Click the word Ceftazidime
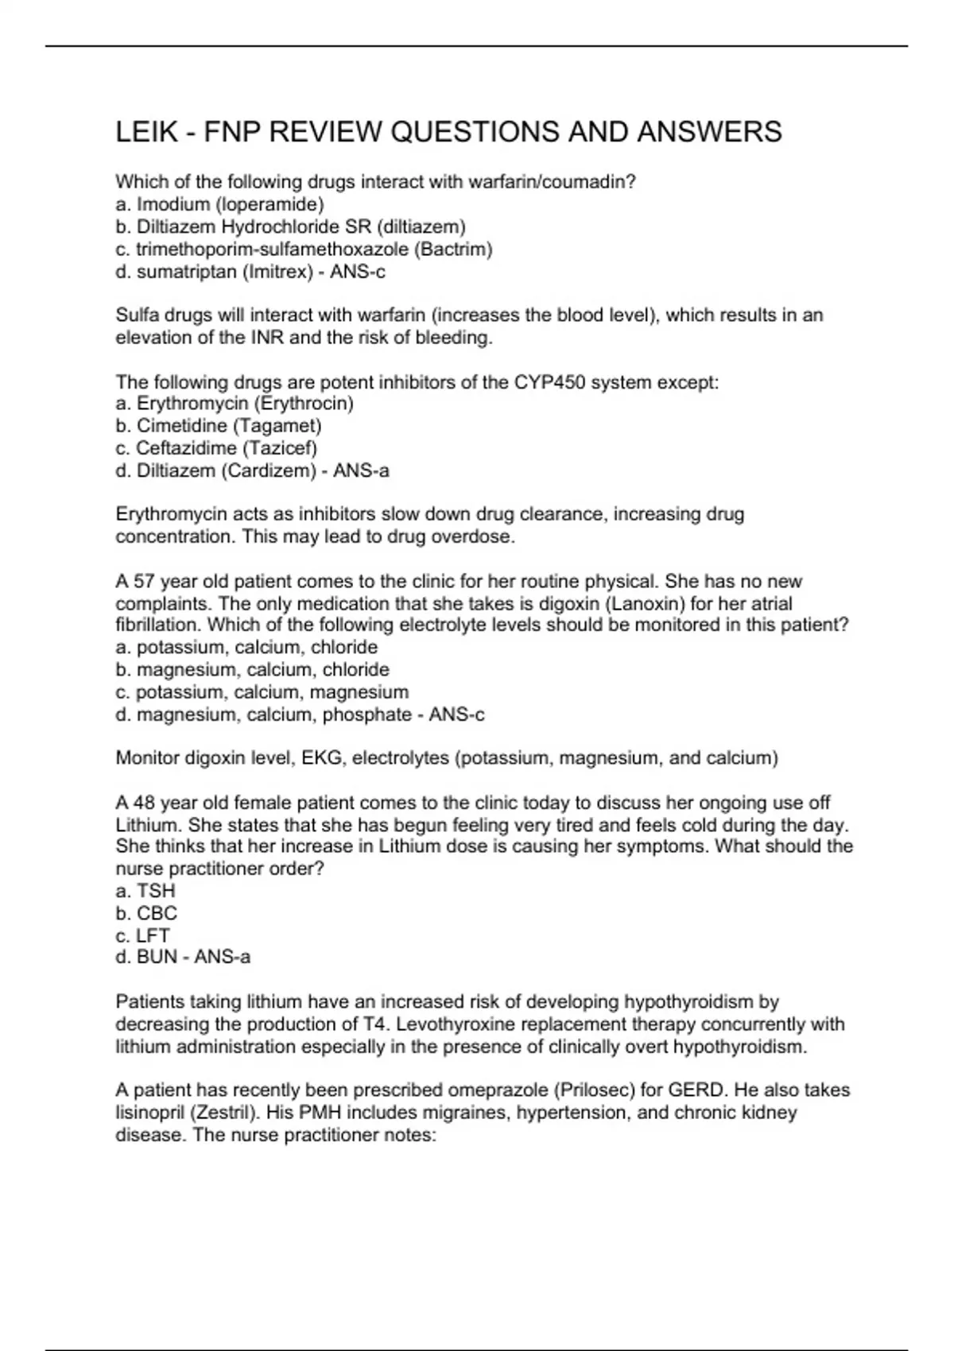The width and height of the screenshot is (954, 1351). [186, 448]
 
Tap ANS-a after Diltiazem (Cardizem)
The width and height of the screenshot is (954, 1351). [361, 470]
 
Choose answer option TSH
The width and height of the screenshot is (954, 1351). [156, 891]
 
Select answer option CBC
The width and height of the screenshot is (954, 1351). [157, 913]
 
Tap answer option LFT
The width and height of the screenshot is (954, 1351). [153, 935]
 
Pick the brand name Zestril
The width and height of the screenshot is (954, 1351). [234, 1113]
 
